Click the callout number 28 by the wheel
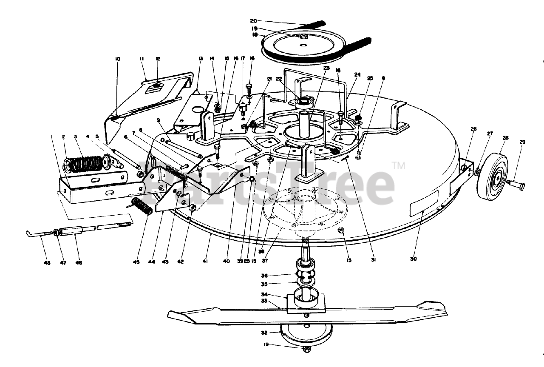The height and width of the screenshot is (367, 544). click(505, 139)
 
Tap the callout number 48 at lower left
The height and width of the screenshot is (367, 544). click(47, 262)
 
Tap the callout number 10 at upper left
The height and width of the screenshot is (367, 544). click(118, 59)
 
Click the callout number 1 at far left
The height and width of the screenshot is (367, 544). click(52, 137)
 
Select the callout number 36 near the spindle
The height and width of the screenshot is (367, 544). click(264, 276)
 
